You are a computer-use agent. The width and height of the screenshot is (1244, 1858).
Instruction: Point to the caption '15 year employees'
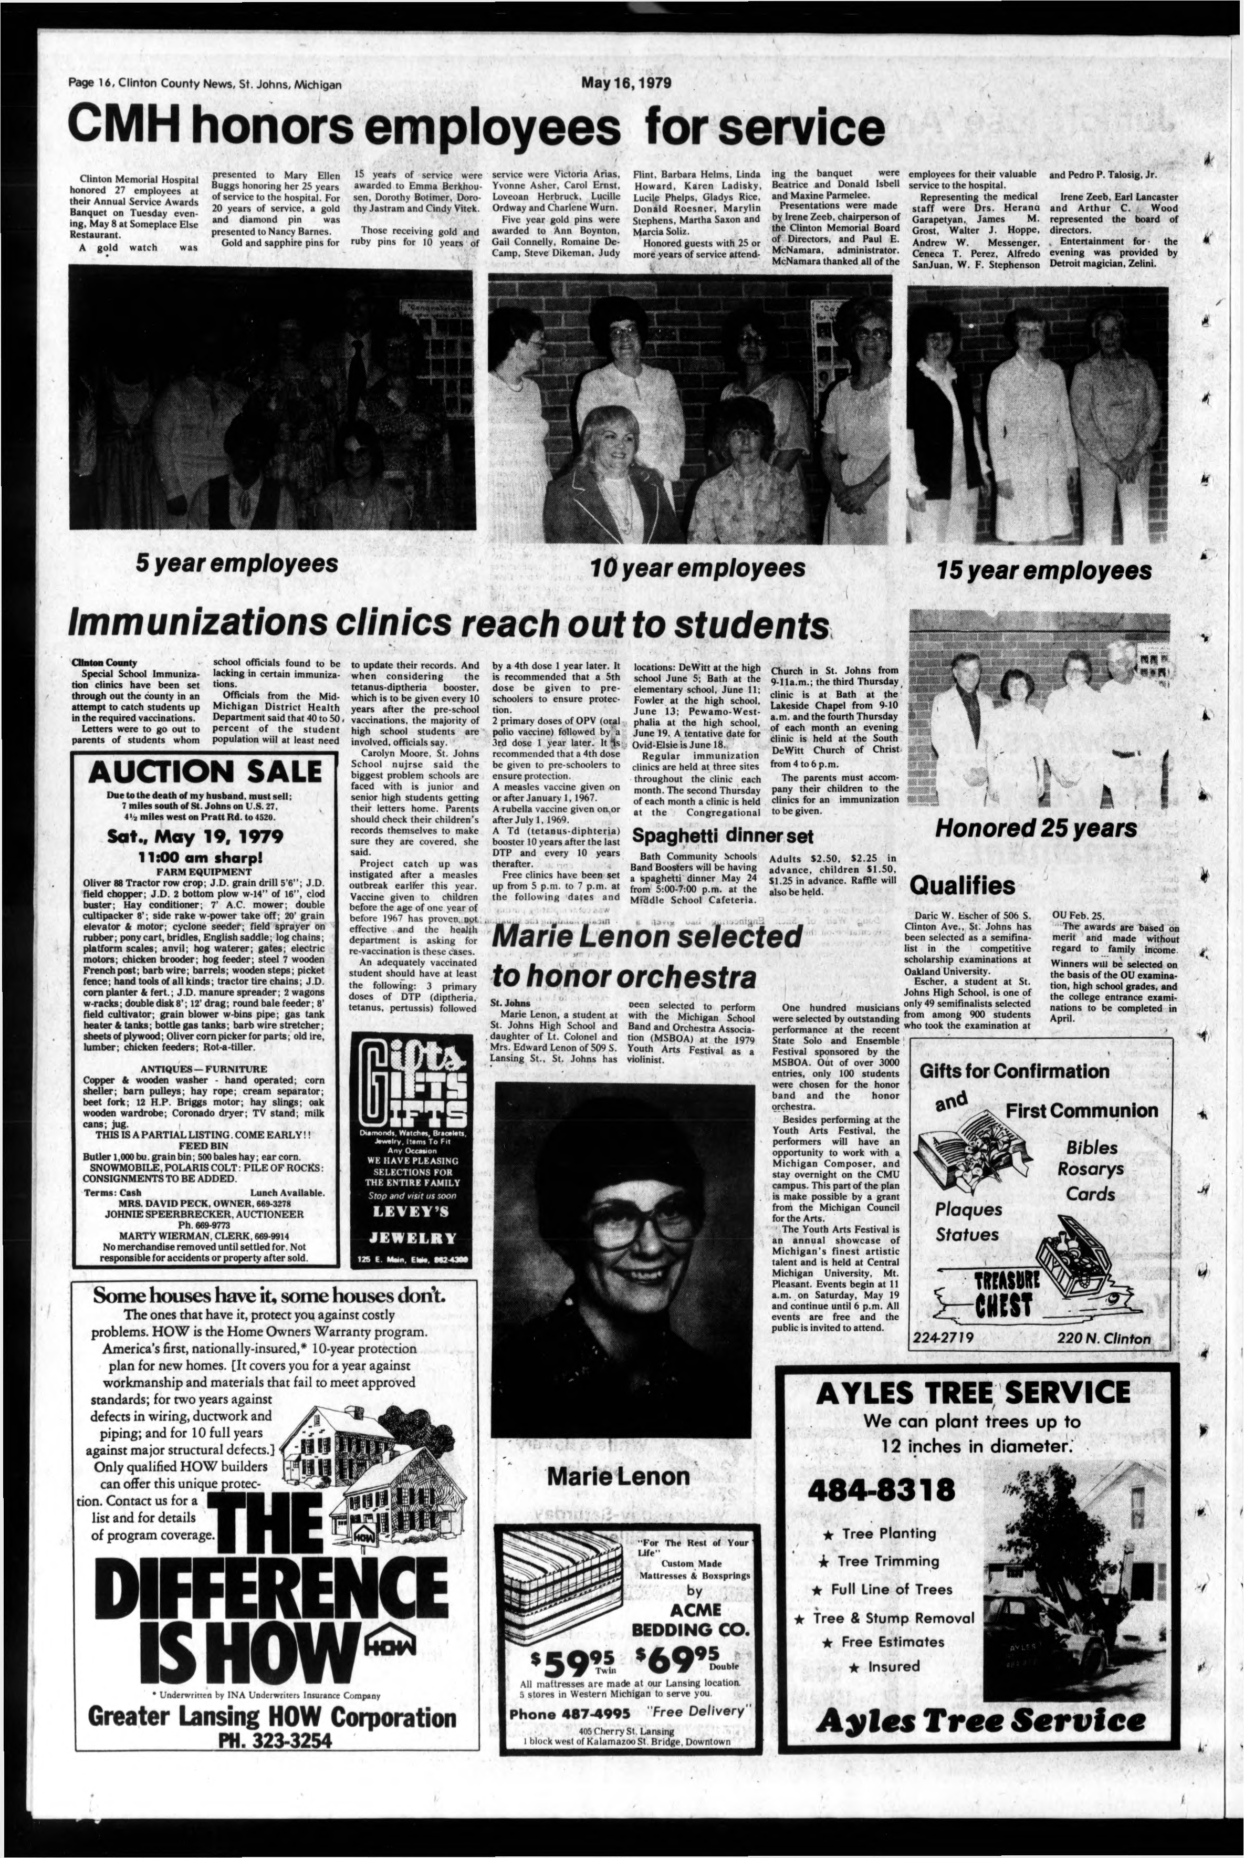(x=1043, y=570)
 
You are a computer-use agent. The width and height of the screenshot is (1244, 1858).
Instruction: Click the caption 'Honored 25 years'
(x=1036, y=828)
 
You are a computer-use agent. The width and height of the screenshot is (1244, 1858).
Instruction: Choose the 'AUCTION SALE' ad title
(x=205, y=770)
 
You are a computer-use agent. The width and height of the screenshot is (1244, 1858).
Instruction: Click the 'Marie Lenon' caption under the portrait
(x=618, y=1476)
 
